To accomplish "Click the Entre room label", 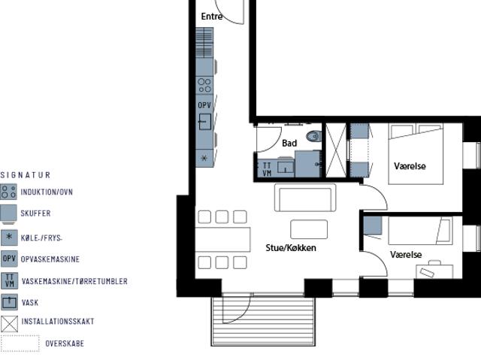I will tap(212, 17).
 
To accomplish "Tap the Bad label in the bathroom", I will tap(289, 143).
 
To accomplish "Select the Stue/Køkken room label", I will tap(291, 247).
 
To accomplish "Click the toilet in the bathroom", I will tap(313, 137).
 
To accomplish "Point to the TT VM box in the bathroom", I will tap(265, 169).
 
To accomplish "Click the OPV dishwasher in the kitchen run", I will tap(204, 105).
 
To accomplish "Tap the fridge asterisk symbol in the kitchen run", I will tap(204, 159).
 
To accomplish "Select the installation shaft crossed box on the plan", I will tap(336, 150).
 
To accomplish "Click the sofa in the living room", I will tap(304, 198).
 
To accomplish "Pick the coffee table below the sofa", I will tap(309, 229).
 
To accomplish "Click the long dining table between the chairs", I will tap(222, 239).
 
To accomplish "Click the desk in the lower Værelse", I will tap(435, 271).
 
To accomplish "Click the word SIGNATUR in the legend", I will tap(26, 175).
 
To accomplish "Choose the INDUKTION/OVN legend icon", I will tap(9, 192).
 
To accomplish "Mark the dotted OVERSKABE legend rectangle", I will tap(20, 343).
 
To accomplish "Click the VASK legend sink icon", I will tap(9, 302).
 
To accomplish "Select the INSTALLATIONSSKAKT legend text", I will tap(58, 322).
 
